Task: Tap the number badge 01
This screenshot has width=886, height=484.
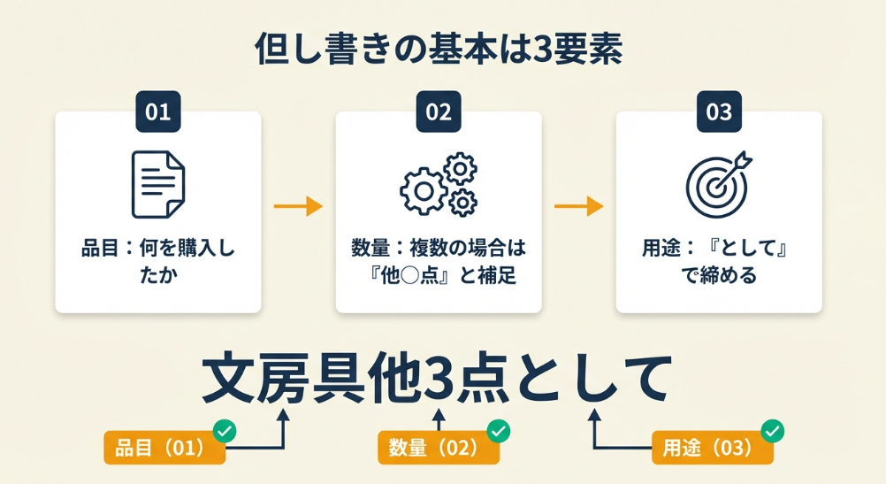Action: [157, 111]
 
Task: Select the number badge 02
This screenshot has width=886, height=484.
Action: [439, 111]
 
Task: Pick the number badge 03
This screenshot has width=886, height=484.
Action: [719, 111]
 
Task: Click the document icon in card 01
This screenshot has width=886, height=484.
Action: [158, 183]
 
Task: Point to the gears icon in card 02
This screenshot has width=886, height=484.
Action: [439, 183]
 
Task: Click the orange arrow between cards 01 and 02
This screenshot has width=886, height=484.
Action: [298, 207]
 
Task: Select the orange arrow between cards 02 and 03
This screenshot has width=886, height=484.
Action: [578, 207]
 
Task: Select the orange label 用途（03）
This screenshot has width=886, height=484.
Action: [707, 449]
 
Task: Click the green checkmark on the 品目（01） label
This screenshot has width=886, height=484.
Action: [225, 431]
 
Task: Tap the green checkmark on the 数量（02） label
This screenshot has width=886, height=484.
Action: [499, 431]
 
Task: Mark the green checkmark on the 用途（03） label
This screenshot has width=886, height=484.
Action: [773, 431]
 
